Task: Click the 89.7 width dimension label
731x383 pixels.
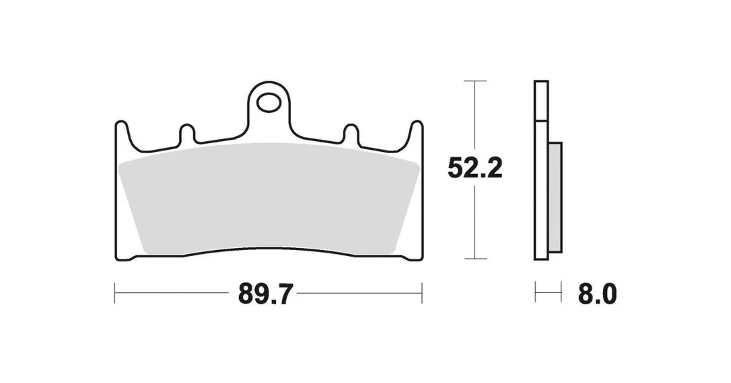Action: pyautogui.click(x=265, y=294)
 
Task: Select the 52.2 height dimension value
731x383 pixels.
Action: pyautogui.click(x=475, y=168)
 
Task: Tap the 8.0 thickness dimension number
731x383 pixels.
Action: pyautogui.click(x=597, y=294)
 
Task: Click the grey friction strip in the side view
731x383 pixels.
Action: pyautogui.click(x=555, y=198)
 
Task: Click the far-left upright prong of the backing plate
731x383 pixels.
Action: pyautogui.click(x=121, y=135)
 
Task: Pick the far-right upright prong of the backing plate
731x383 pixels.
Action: pyautogui.click(x=416, y=135)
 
